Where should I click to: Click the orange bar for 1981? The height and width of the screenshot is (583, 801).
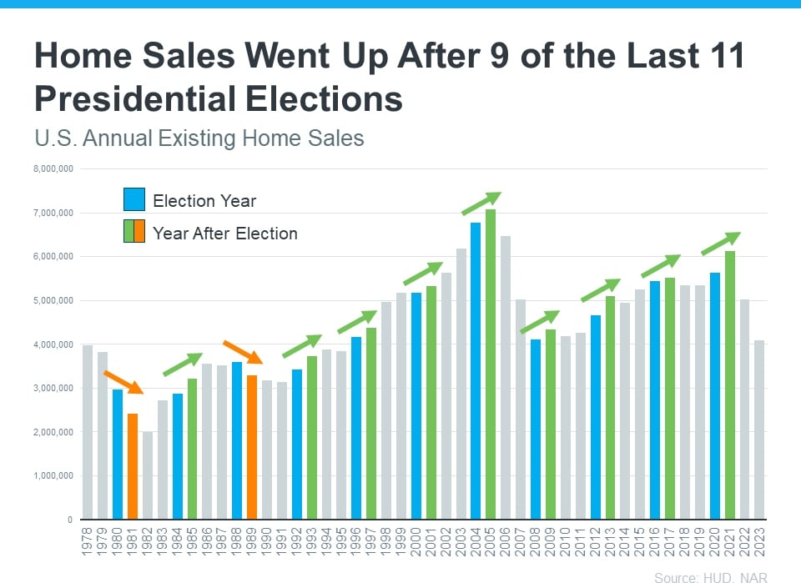133,465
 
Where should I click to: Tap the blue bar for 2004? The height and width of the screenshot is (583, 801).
476,370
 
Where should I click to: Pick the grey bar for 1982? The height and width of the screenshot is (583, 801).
148,475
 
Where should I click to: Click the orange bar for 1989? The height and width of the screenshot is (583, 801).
252,447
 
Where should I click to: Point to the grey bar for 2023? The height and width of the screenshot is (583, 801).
760,430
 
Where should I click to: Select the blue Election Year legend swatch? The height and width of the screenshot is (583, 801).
134,200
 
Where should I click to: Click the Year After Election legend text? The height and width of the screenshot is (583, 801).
225,234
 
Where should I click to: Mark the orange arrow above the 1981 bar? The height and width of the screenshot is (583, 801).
123,382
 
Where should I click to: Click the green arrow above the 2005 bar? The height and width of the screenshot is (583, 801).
481,204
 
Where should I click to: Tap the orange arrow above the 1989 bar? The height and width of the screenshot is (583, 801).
243,352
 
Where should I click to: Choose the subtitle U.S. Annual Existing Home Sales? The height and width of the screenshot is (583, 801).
199,138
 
